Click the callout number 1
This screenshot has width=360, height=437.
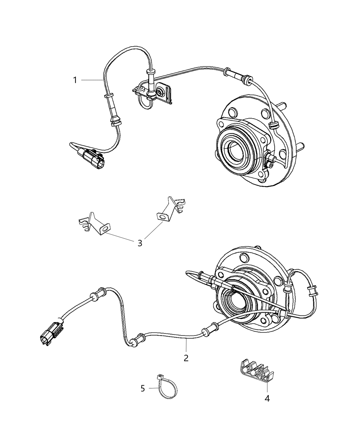point(74,80)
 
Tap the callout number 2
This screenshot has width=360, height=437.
point(186,358)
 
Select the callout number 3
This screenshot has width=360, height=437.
point(140,243)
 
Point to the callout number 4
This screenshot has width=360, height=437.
point(267,398)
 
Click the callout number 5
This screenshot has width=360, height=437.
point(143,388)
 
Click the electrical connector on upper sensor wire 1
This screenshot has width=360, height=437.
point(93,158)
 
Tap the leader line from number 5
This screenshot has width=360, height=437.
point(154,388)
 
